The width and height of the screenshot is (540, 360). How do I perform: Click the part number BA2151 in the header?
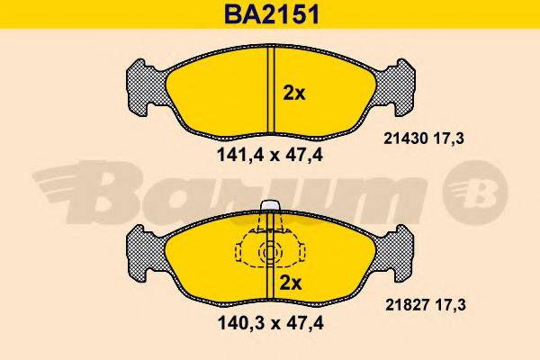coord(272,14)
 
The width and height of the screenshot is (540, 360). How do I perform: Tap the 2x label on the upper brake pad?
coord(294,94)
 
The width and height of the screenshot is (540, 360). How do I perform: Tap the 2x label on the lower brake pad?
coord(291,283)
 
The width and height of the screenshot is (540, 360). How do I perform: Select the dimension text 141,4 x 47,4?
coord(270,156)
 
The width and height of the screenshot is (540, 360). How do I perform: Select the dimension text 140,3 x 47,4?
coord(271,323)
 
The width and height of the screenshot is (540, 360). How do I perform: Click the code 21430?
coord(406,139)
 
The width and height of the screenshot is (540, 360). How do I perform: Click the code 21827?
coord(408,305)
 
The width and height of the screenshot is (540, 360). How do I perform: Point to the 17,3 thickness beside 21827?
coord(450,305)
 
